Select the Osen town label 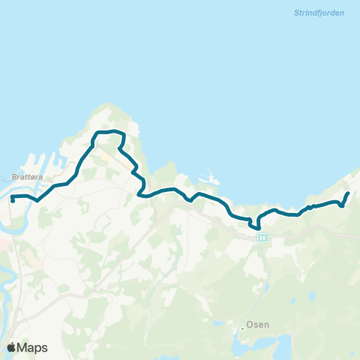pyautogui.click(x=259, y=325)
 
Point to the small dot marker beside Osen pyautogui.click(x=243, y=327)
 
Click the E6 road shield pyautogui.click(x=262, y=238)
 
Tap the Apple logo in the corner pyautogui.click(x=12, y=347)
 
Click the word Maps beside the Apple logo pyautogui.click(x=33, y=347)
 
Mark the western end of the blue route pyautogui.click(x=13, y=201)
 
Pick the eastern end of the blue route pyautogui.click(x=348, y=193)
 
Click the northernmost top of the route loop pyautogui.click(x=111, y=131)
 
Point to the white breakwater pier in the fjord pyautogui.click(x=210, y=180)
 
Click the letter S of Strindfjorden pyautogui.click(x=289, y=13)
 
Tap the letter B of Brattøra pyautogui.click(x=15, y=177)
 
